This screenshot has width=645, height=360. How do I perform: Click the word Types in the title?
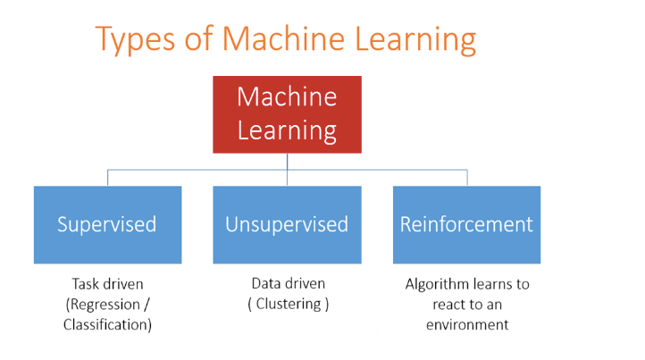[x=135, y=40]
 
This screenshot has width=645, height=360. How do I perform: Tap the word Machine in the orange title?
[x=283, y=38]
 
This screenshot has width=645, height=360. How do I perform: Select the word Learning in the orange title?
[x=415, y=40]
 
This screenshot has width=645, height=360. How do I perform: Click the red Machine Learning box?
[x=287, y=114]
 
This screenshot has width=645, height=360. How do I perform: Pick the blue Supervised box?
[x=108, y=224]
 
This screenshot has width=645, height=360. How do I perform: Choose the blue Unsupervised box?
[x=287, y=224]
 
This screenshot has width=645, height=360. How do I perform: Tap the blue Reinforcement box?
[x=467, y=224]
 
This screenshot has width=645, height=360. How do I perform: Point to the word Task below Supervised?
[x=85, y=284]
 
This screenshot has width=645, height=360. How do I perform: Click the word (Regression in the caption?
[x=103, y=305]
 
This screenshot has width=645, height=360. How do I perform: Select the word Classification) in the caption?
[x=108, y=324]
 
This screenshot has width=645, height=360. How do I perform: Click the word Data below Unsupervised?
[x=265, y=283]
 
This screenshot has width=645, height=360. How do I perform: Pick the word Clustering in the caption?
[x=289, y=304]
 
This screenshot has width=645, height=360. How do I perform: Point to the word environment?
[x=467, y=325]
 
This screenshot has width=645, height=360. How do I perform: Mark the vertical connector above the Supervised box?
[x=108, y=178]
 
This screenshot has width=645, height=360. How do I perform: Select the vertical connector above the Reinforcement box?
[x=467, y=178]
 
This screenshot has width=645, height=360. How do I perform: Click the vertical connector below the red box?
[x=287, y=170]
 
